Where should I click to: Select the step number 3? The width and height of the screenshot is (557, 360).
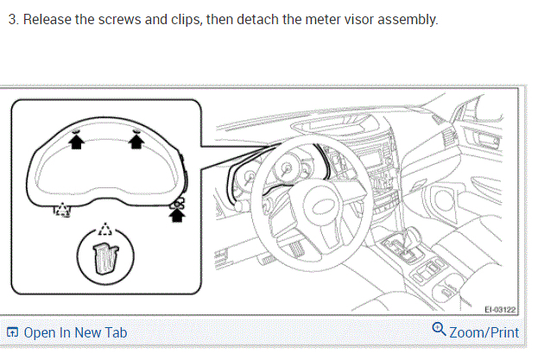tap(11, 19)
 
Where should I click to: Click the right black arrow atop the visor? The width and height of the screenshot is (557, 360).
tap(136, 142)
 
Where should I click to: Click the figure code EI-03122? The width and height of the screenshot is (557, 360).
tap(500, 309)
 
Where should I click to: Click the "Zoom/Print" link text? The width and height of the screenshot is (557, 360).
tap(485, 332)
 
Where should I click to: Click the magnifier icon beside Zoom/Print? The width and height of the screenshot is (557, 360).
tap(439, 330)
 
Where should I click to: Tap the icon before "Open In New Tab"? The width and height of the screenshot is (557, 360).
tap(12, 332)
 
